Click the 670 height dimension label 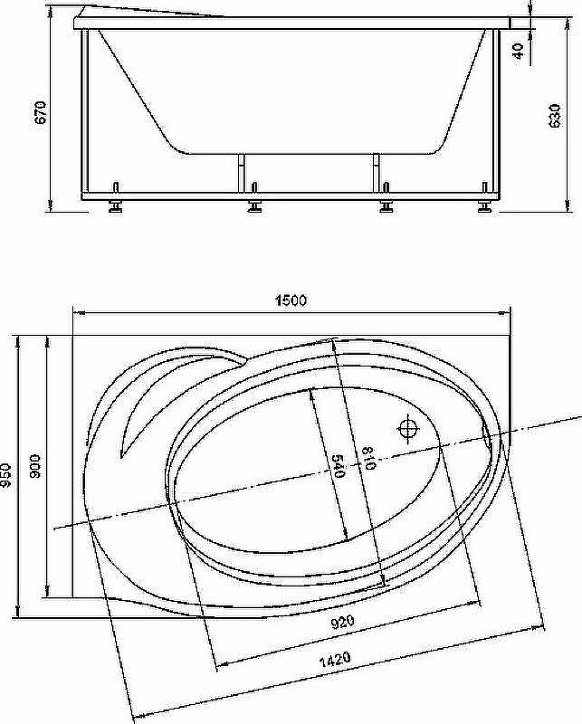click(x=41, y=112)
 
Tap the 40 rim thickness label click(x=519, y=51)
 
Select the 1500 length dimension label click(x=291, y=300)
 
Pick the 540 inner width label click(x=339, y=466)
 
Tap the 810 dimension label click(x=369, y=458)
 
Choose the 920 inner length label click(x=343, y=622)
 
